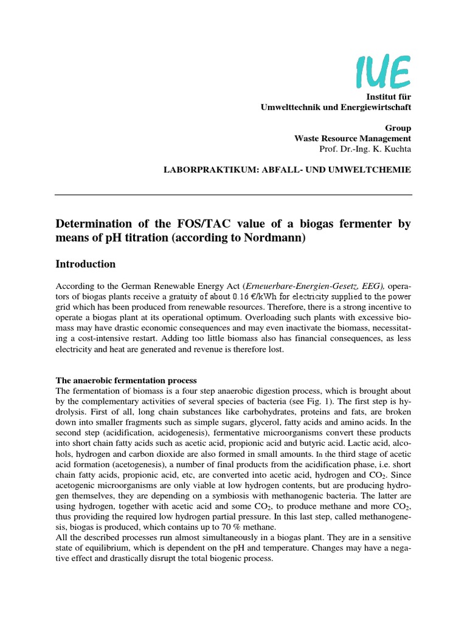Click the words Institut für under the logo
click(388, 97)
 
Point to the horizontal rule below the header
click(233, 195)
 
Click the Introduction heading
click(86, 265)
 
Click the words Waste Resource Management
click(353, 138)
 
